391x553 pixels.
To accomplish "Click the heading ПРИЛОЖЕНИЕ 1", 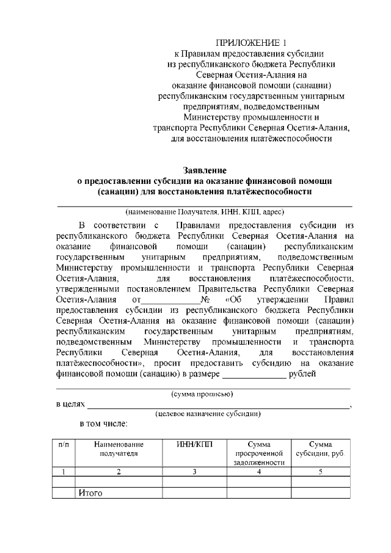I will tap(250, 42).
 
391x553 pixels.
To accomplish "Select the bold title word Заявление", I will tap(205, 169).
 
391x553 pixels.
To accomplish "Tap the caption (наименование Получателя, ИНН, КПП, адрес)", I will tap(205, 212).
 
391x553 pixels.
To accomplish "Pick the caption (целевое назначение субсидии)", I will tap(208, 414).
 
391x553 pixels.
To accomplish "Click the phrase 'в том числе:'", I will tap(103, 423).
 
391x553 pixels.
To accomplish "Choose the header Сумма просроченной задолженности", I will tap(259, 453).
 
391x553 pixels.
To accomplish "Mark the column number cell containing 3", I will tap(194, 471).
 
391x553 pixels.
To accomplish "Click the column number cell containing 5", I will tap(320, 471).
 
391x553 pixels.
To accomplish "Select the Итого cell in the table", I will tap(89, 493).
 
